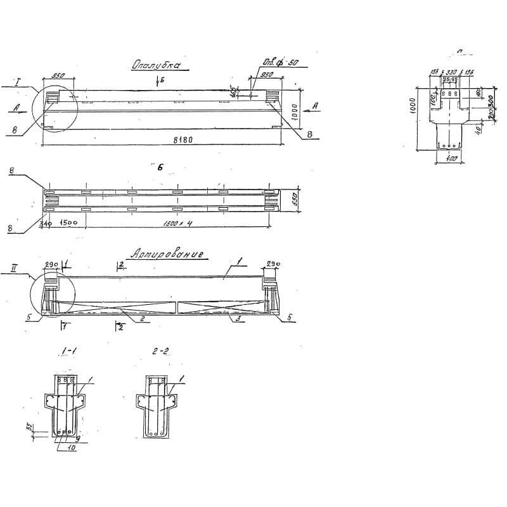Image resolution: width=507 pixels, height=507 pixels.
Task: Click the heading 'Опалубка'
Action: [156, 65]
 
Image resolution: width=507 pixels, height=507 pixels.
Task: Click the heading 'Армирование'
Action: [167, 255]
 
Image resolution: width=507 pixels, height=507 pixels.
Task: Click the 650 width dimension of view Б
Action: [293, 200]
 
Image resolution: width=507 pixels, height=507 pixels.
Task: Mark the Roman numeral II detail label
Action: [13, 269]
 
